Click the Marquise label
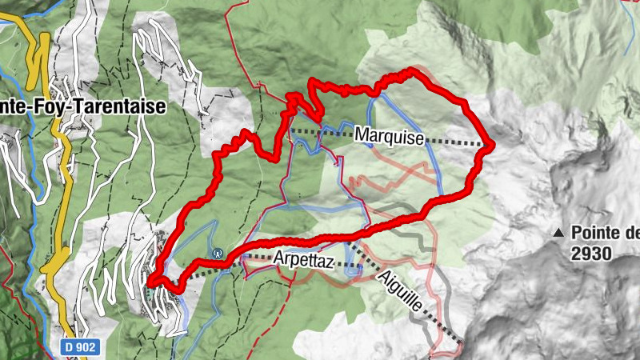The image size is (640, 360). click(390, 138)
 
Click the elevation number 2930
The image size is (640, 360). click(591, 254)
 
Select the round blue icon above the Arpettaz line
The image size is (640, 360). click(217, 252)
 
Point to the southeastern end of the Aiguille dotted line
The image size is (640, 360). click(462, 345)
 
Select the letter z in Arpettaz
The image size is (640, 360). click(329, 261)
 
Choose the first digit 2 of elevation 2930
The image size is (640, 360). click(576, 254)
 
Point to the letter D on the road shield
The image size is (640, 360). click(66, 348)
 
